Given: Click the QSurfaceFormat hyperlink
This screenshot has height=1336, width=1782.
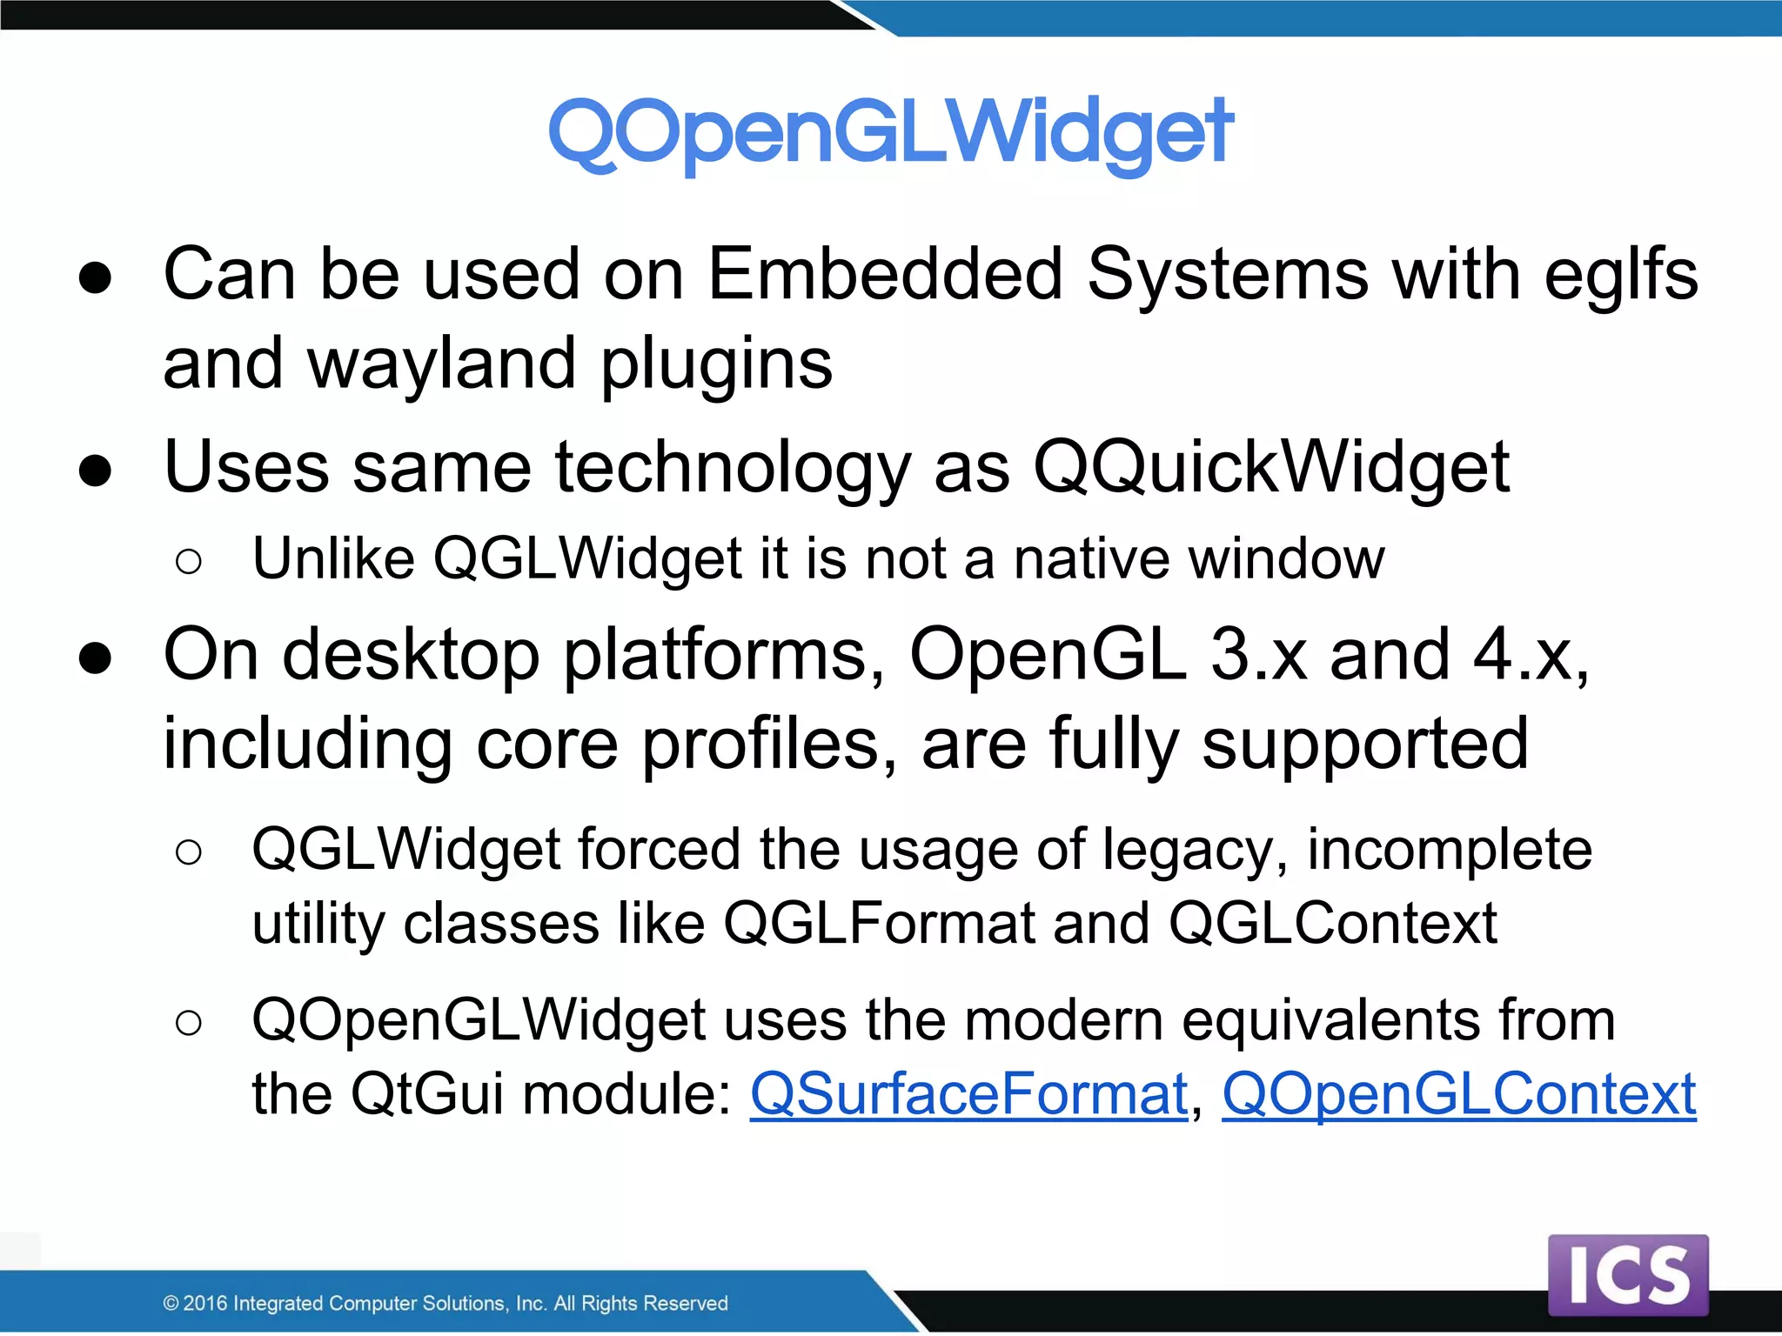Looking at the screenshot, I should coord(968,1093).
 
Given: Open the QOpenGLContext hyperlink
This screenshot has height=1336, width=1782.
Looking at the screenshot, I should coord(1458,1093).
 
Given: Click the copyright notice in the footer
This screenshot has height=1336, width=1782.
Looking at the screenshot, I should coord(445,1303).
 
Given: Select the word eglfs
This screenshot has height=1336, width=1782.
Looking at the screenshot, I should coord(1620,275).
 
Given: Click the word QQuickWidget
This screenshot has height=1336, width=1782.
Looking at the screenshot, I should coord(1270,468).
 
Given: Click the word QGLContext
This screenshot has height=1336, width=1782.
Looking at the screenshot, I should coord(1332,924).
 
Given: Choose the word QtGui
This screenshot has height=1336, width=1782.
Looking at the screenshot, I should coord(426,1093).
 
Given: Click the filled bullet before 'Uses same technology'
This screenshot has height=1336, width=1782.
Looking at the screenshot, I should coord(95,471).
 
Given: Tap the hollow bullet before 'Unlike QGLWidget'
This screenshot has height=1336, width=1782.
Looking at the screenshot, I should coord(188,561).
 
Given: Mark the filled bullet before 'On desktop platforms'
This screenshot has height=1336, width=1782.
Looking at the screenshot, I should coord(95,658).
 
